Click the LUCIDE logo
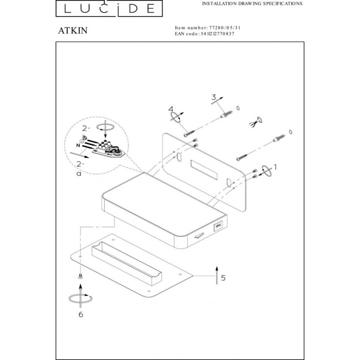click(109, 9)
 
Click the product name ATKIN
click(73, 30)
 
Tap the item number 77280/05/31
click(225, 28)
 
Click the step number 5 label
click(223, 278)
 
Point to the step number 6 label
click(81, 314)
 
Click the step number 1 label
click(275, 167)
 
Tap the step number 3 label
click(214, 97)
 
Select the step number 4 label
click(171, 109)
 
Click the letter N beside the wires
click(78, 146)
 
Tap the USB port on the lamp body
click(218, 226)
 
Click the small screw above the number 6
click(80, 276)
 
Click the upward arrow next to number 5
click(217, 275)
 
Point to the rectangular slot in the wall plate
click(204, 170)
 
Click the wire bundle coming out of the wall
click(255, 122)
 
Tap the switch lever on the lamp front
click(199, 236)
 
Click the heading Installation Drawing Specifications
click(252, 4)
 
